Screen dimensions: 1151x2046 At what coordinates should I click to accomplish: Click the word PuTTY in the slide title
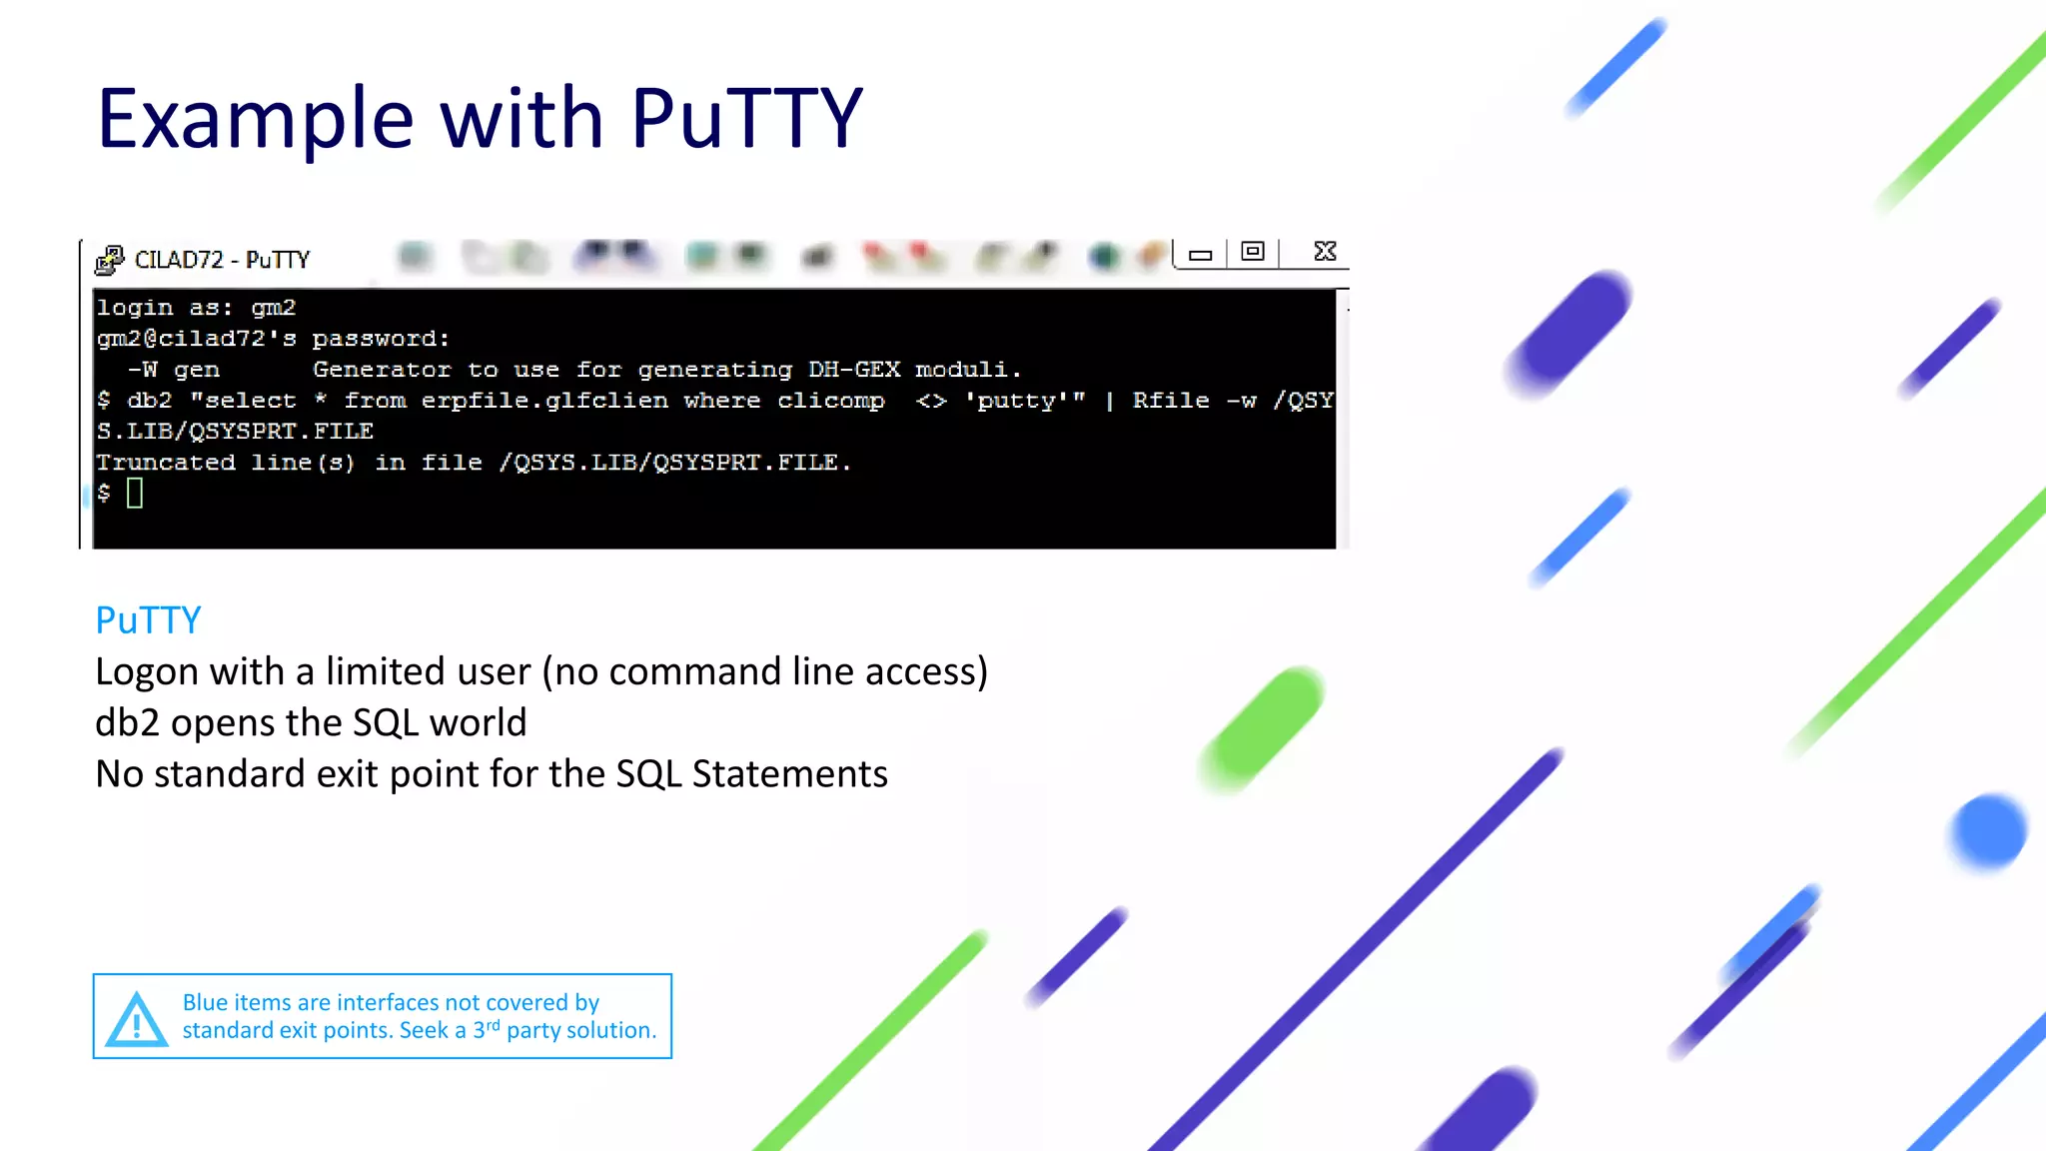745,119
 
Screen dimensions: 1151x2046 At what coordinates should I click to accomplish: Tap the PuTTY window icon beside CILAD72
109,260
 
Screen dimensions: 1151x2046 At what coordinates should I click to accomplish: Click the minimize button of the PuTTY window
1200,255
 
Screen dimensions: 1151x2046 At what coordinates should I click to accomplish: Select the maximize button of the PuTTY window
1253,252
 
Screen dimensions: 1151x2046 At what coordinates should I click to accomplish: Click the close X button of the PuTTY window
1325,252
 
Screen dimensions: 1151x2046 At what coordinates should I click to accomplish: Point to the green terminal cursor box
135,493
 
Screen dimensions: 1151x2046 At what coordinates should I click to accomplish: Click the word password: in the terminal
381,339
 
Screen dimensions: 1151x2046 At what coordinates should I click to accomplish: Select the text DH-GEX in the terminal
854,370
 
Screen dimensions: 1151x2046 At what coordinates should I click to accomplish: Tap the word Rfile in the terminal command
1170,401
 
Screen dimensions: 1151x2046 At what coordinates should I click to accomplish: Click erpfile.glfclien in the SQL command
544,401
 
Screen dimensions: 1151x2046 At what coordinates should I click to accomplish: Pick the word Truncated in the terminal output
166,463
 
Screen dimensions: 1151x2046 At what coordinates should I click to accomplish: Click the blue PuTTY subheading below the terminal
148,620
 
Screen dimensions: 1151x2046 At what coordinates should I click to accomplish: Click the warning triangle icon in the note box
137,1019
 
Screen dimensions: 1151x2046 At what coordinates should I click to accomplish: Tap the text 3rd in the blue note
486,1028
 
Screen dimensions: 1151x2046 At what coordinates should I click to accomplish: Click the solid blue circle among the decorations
1988,830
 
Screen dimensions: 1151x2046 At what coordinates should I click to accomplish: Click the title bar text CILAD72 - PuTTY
222,260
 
